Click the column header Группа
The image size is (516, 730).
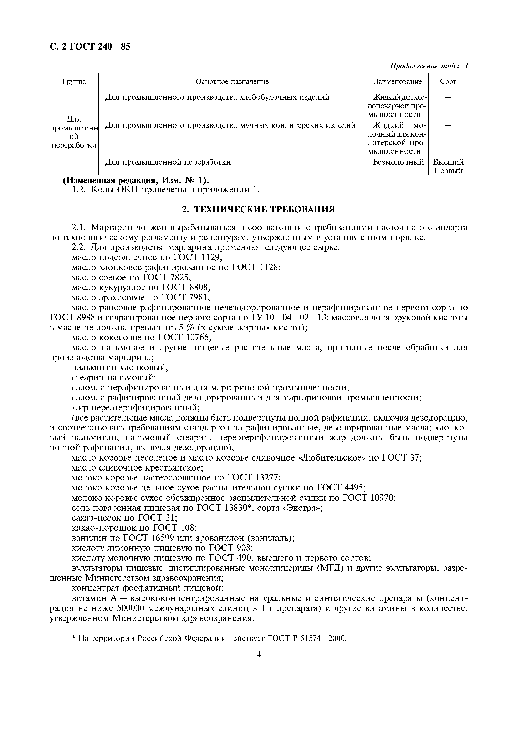74,82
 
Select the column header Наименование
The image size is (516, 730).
397,82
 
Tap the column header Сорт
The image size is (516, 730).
448,82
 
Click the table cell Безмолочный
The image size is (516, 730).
398,162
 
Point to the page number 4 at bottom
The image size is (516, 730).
258,654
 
